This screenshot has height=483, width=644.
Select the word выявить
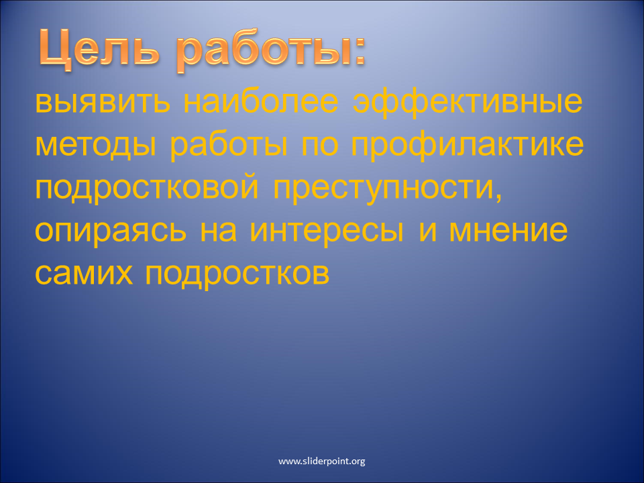coord(103,102)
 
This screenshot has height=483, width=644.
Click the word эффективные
coord(468,103)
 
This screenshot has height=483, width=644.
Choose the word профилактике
coord(467,146)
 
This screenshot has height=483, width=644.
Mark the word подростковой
coord(147,189)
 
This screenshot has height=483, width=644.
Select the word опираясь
coord(111,232)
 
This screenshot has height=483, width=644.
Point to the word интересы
coord(327,231)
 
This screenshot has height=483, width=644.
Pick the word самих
coord(84,274)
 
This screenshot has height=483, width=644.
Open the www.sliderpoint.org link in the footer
coord(321,462)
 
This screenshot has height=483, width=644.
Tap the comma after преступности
coord(498,197)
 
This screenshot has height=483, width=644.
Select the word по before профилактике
coord(319,146)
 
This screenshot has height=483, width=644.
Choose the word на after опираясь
coord(219,231)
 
